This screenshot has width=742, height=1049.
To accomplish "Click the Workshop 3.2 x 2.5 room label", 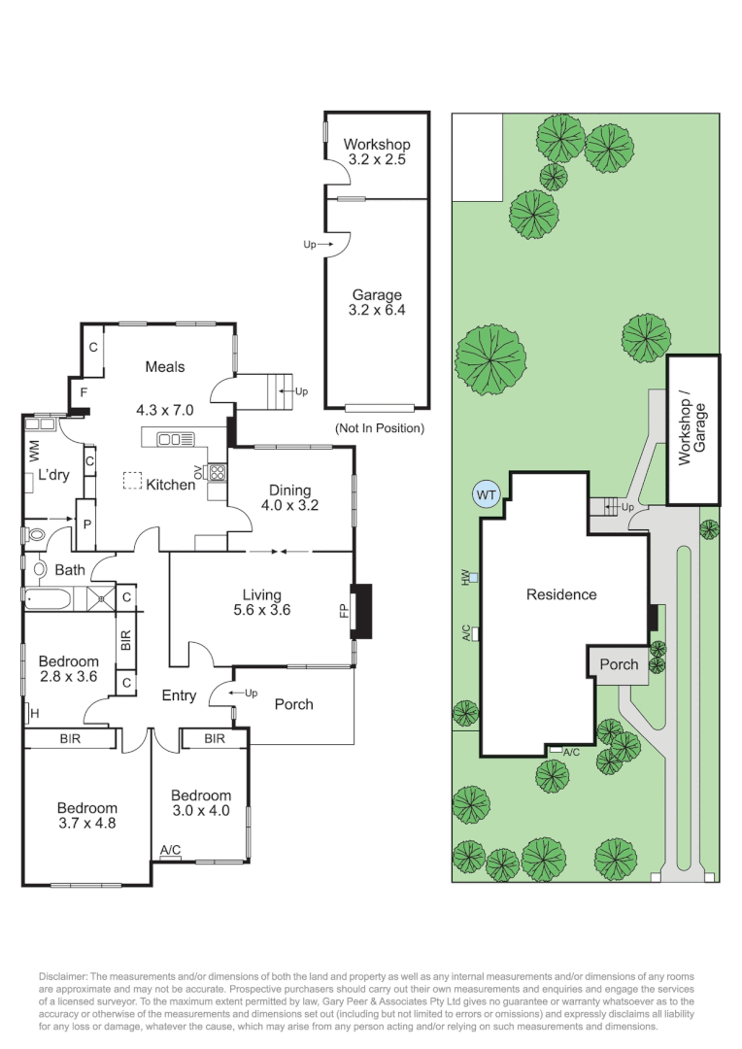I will click(378, 152).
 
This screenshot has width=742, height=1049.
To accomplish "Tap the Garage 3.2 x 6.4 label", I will click(377, 302).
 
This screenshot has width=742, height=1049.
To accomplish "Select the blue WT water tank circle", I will click(487, 494).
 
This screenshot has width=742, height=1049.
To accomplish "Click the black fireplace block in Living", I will click(361, 610).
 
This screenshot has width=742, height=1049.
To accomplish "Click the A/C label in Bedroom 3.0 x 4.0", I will click(170, 851).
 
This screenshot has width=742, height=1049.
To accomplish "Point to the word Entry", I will click(179, 695).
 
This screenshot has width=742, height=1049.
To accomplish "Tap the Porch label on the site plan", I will click(619, 664).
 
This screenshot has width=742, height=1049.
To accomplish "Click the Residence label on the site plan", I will click(561, 594).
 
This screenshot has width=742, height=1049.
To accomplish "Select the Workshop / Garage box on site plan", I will click(692, 429).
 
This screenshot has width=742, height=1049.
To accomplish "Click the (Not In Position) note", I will click(379, 428).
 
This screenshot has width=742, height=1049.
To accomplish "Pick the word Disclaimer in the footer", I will click(62, 976).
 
